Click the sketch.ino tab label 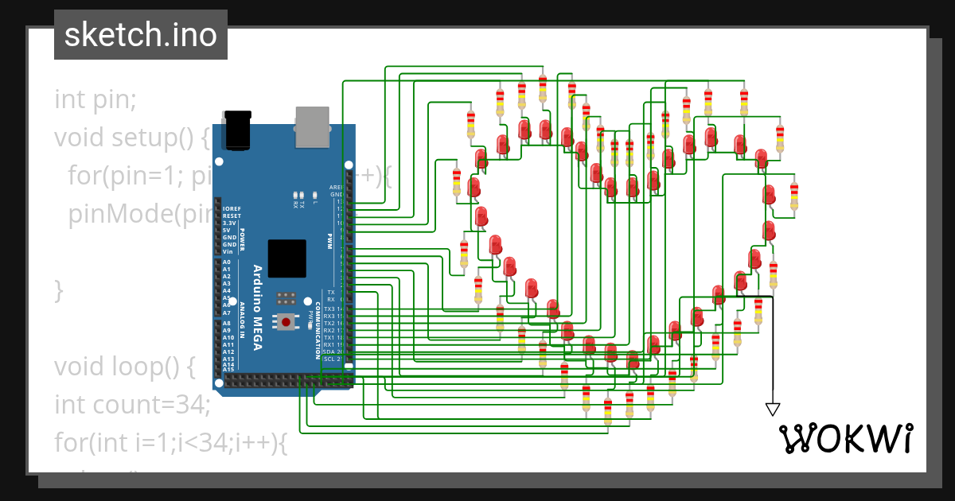coord(141,36)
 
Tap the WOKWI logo coord(845,437)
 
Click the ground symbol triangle coord(772,409)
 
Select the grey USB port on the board coord(313,126)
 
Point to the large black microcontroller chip coord(286,258)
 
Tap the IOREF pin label coord(232,209)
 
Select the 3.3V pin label coord(230,223)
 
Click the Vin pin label coord(228,251)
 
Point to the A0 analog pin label coord(227,262)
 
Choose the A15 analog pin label coord(228,369)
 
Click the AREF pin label coord(336,188)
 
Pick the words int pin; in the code coord(95,99)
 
